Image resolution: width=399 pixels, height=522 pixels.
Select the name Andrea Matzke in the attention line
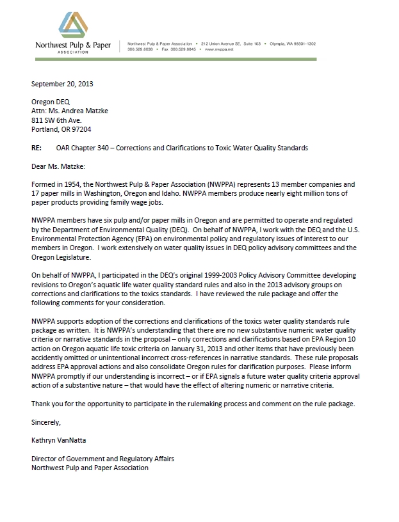(86, 111)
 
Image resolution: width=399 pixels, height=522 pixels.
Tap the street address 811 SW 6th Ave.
(56, 120)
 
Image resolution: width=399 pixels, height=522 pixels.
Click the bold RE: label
(37, 148)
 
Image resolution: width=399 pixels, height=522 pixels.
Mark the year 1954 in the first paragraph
(73, 185)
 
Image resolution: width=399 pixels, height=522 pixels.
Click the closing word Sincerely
(46, 422)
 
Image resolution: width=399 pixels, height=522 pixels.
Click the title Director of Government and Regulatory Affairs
(102, 459)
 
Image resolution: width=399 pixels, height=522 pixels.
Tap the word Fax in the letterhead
(165, 49)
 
